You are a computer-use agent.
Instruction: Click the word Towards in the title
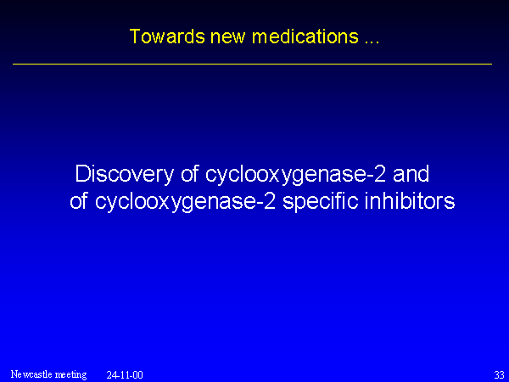[167, 37]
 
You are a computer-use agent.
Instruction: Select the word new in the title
[228, 37]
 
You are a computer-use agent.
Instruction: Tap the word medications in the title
[305, 37]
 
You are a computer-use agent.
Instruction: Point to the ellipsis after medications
[372, 42]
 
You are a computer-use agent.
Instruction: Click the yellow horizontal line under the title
[252, 64]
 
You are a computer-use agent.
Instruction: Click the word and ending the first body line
[411, 174]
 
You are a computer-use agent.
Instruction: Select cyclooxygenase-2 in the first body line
[295, 175]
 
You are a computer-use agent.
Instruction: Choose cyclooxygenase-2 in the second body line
[185, 202]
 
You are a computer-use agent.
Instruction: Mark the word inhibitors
[410, 200]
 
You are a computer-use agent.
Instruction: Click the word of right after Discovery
[189, 174]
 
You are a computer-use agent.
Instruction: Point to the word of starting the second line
[79, 200]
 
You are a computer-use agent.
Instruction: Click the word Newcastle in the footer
[31, 374]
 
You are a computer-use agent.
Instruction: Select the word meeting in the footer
[70, 375]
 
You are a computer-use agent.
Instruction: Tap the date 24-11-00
[125, 375]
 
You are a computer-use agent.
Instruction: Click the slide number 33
[499, 375]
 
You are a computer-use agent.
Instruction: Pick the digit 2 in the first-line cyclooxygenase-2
[380, 174]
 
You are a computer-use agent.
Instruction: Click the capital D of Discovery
[82, 174]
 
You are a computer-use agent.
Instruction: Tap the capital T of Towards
[135, 37]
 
